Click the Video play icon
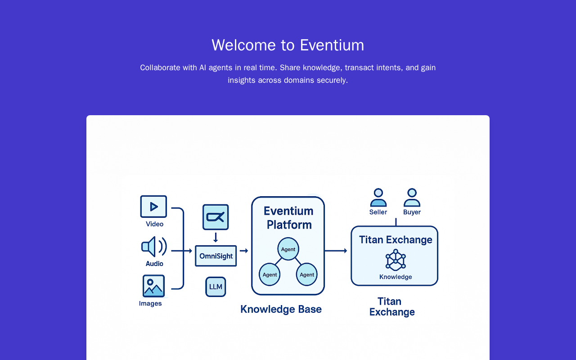tap(153, 207)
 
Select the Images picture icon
tap(153, 286)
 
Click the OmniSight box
tap(216, 256)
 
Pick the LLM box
tap(216, 287)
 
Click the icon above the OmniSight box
tap(216, 217)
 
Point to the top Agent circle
tap(288, 249)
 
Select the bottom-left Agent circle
tap(270, 274)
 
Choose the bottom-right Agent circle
tap(307, 274)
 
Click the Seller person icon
tap(378, 198)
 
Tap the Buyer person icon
tap(412, 198)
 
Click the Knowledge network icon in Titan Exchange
tap(396, 261)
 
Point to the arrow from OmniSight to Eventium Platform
tap(244, 251)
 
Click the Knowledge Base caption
tap(281, 309)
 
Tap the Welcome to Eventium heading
tap(288, 45)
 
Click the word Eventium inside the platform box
tap(288, 211)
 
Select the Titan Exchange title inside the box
tap(396, 240)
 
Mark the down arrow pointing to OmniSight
tap(216, 237)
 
